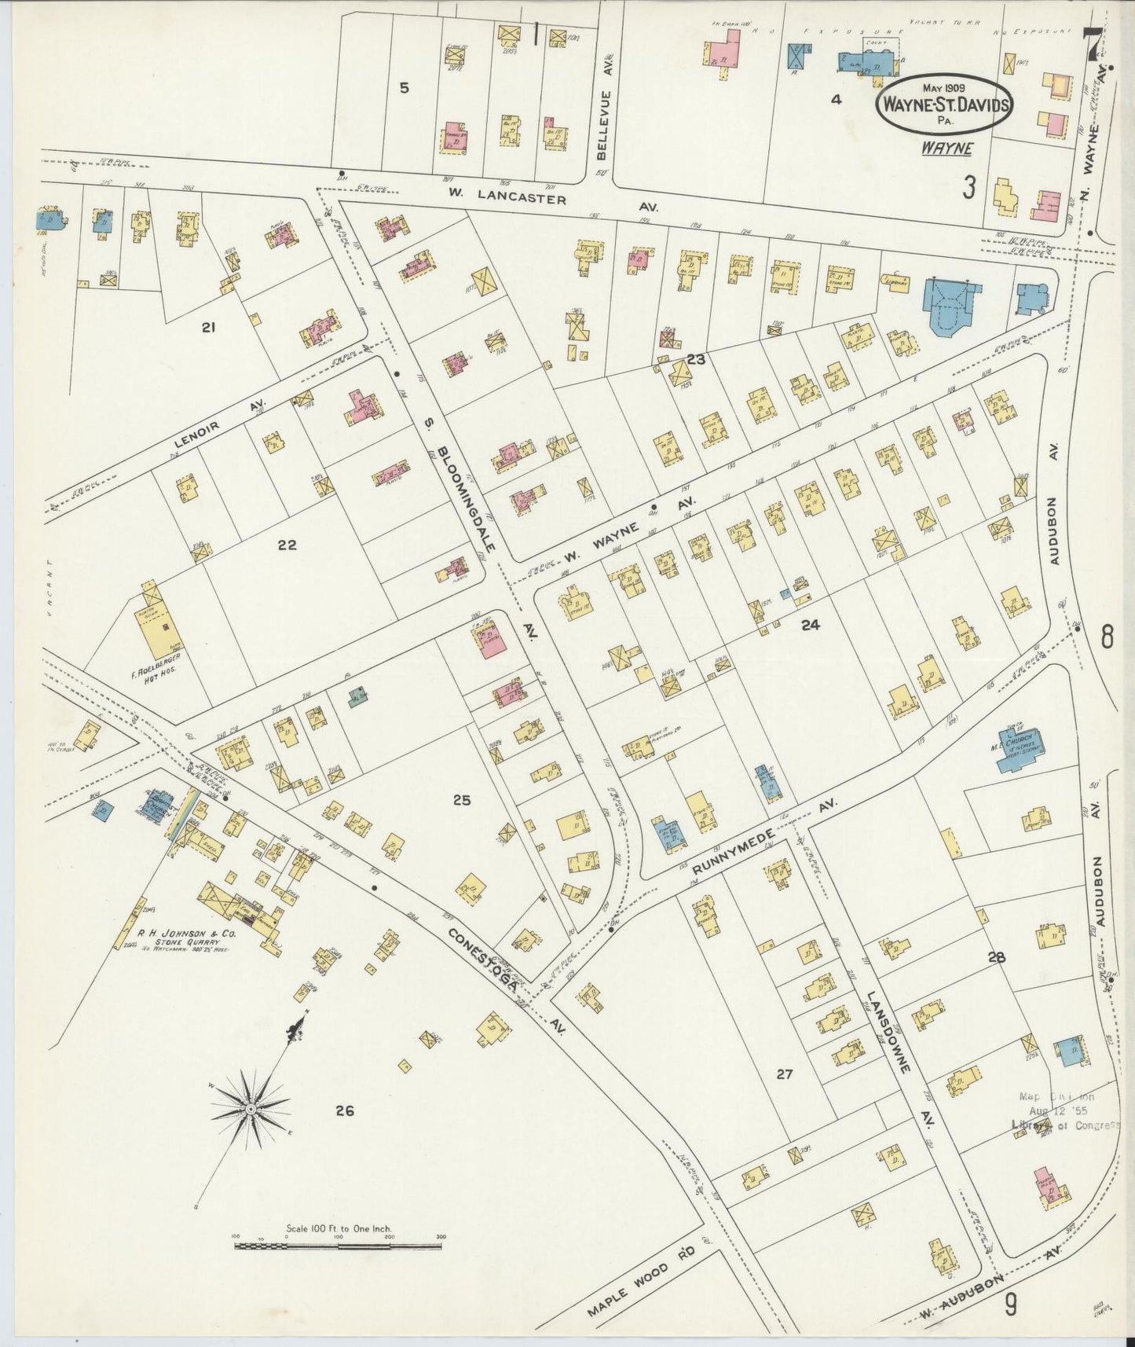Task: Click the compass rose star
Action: coord(250,1108)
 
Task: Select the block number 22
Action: coord(287,545)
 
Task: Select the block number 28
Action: coord(996,957)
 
